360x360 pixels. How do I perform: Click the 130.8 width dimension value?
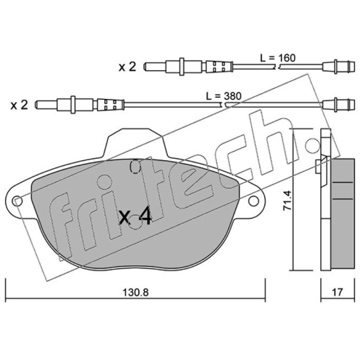click(135, 292)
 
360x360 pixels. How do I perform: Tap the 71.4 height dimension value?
click(287, 200)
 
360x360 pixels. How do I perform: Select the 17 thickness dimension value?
click(337, 292)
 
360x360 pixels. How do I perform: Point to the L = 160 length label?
click(278, 58)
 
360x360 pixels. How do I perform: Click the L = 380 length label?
click(224, 96)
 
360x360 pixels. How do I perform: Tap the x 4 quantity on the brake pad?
click(135, 216)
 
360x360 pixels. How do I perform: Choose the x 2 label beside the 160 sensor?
click(127, 67)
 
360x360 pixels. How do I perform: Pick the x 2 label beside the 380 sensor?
click(19, 105)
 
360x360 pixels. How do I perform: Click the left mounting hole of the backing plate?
click(18, 201)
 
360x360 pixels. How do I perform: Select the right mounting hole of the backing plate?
click(253, 201)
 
